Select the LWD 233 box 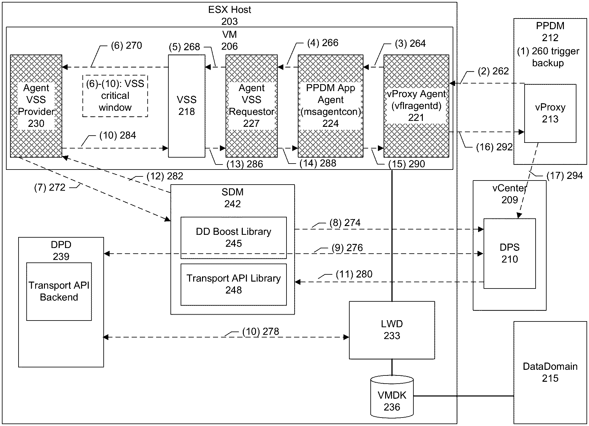[x=392, y=330]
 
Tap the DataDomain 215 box [x=550, y=372]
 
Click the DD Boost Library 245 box [x=233, y=238]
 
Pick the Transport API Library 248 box [x=233, y=284]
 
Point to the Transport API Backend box [x=59, y=291]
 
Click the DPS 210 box [x=509, y=253]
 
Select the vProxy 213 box [x=550, y=113]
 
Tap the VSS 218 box [x=187, y=106]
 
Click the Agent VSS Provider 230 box [x=36, y=106]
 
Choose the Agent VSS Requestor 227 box [x=251, y=106]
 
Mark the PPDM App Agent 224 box [x=330, y=106]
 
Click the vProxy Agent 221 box [x=416, y=106]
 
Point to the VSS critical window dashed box [x=115, y=96]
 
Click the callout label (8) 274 [x=345, y=223]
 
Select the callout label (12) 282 [x=165, y=176]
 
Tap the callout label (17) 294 [x=564, y=176]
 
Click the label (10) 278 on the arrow [x=261, y=332]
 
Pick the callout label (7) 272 [x=50, y=188]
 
